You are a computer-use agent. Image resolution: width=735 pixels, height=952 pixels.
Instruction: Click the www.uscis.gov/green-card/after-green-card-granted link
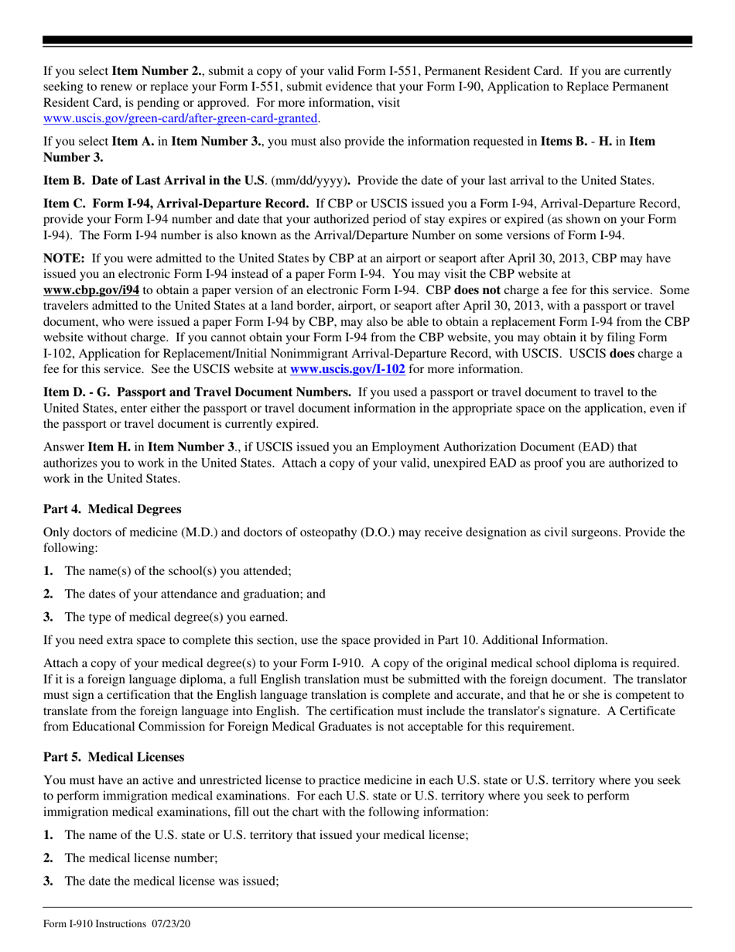click(x=180, y=118)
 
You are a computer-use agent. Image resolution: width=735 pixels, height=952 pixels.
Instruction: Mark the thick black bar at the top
click(x=367, y=41)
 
